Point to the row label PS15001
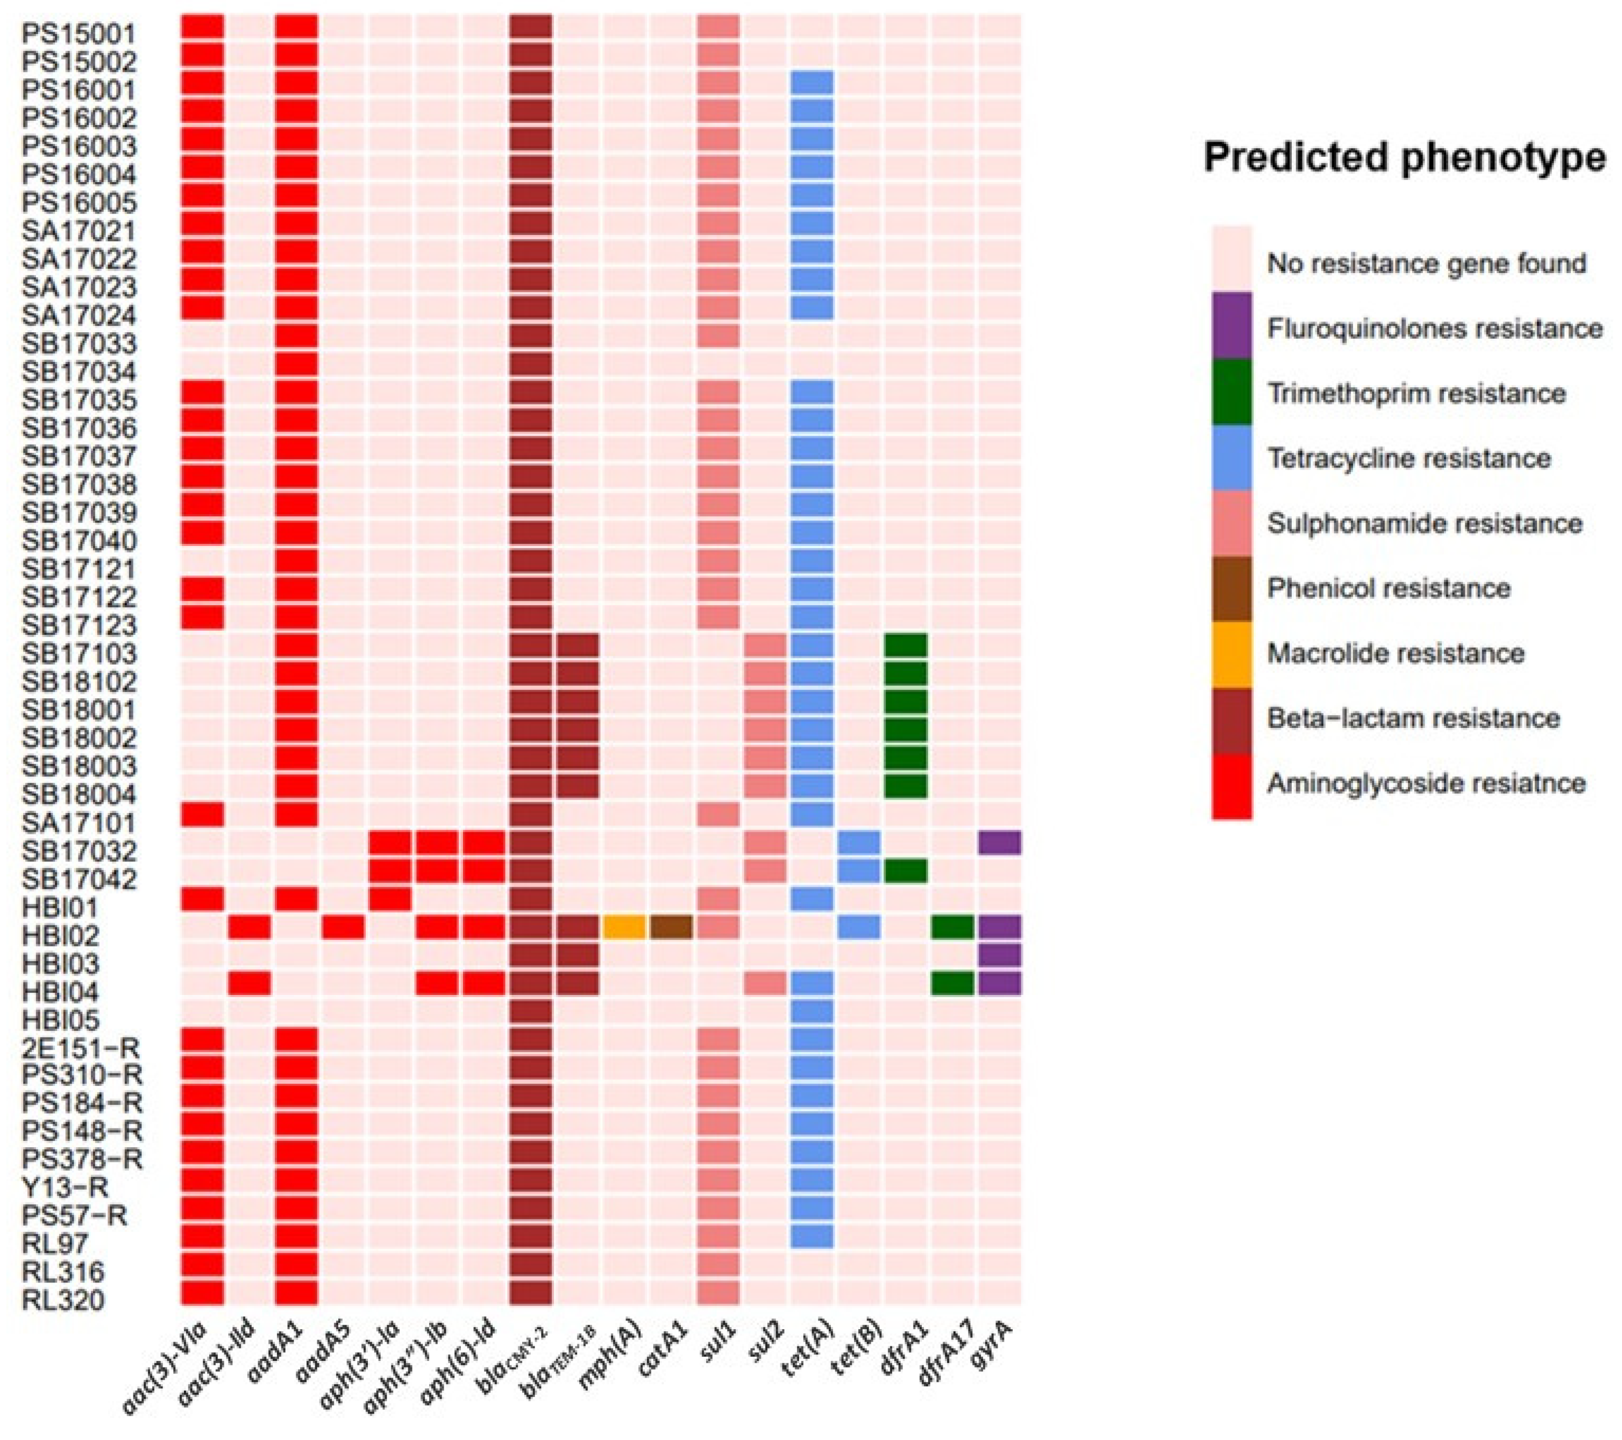click(78, 33)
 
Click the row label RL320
click(63, 1300)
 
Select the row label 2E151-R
click(81, 1047)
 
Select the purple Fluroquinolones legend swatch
click(1231, 325)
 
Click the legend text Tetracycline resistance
click(1408, 458)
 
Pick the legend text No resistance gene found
click(1426, 263)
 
